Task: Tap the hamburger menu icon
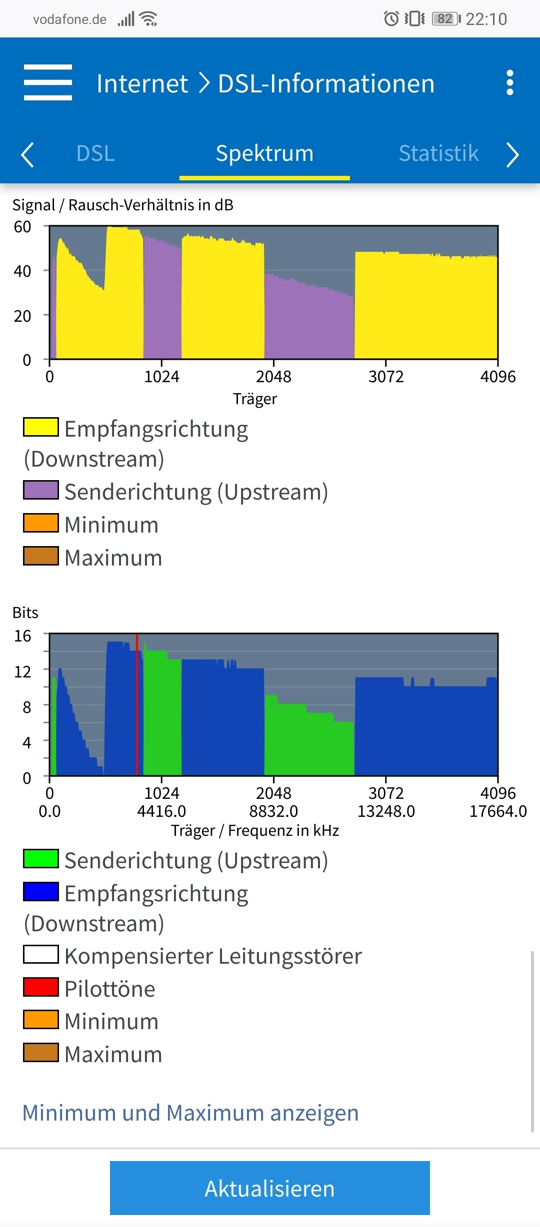pos(48,82)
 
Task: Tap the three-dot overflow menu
pos(509,82)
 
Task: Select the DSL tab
pos(95,153)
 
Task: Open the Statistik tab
pos(438,153)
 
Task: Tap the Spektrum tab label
pos(264,153)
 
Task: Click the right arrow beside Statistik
pos(512,154)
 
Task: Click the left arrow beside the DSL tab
pos(27,154)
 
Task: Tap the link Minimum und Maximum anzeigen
pos(190,1113)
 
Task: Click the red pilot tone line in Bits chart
pos(137,704)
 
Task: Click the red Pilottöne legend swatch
pos(41,987)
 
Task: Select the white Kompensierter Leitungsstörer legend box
pos(41,954)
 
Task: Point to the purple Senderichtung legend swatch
pos(41,490)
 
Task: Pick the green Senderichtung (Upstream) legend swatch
pos(41,859)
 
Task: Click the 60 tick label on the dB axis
pos(22,227)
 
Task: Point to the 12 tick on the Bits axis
pos(22,672)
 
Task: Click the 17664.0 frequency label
pos(498,811)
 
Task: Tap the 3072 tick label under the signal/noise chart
pos(386,377)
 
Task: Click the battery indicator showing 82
pos(446,19)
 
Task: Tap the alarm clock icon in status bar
pos(391,19)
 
